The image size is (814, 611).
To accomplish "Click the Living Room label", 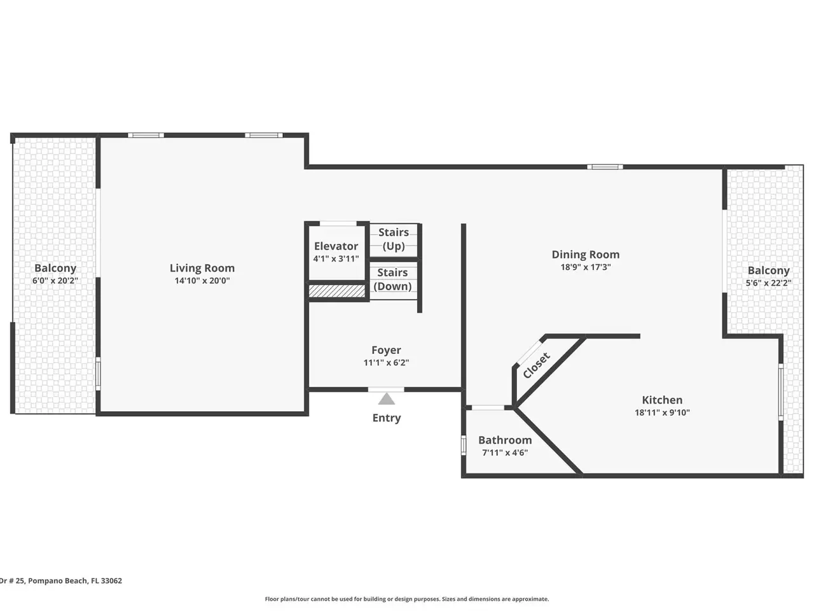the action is (x=202, y=268).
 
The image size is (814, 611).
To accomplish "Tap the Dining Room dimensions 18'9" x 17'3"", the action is (x=586, y=267).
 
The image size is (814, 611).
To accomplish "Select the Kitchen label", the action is (x=662, y=400).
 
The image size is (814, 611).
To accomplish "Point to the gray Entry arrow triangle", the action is (x=387, y=399).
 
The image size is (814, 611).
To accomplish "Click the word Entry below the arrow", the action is (x=387, y=418).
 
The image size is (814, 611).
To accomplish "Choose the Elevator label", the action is (x=336, y=246).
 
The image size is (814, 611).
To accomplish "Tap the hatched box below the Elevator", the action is (x=336, y=291).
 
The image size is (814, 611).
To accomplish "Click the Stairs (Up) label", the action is (x=394, y=239).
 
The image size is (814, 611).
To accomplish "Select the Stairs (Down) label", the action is (x=392, y=279).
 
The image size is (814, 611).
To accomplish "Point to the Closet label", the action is (x=536, y=365).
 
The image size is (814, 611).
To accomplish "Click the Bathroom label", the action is (x=505, y=440).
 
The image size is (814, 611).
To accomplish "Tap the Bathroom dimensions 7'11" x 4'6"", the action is (x=505, y=453).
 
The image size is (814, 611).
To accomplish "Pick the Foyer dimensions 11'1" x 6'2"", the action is (x=386, y=362).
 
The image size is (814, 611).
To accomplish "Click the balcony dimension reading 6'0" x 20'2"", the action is (x=55, y=281).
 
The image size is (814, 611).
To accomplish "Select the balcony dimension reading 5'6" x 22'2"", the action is (x=768, y=283).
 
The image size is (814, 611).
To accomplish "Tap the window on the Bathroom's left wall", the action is (x=464, y=445).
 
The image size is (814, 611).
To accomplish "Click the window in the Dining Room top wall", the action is (x=605, y=167).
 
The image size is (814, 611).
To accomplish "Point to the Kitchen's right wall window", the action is (x=781, y=392).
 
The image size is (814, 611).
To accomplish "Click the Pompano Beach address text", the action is (x=61, y=580).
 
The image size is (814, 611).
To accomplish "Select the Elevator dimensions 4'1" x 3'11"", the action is (x=336, y=258).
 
